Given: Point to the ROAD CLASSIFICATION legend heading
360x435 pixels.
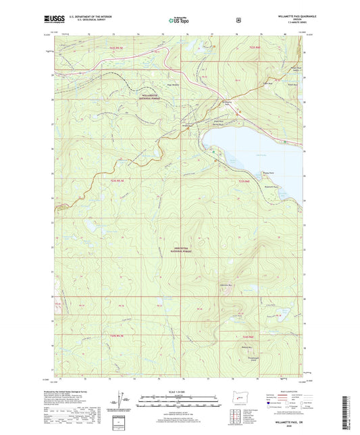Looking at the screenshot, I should (x=290, y=391).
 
